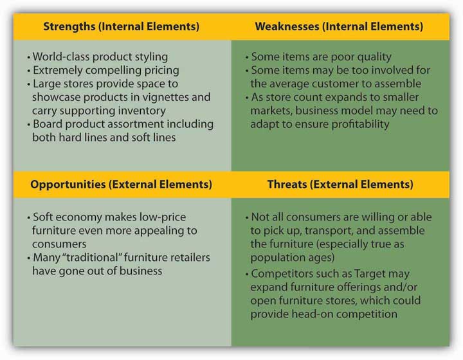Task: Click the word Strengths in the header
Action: [x=69, y=26]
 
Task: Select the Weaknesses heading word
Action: [x=287, y=26]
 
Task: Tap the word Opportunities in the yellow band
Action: [x=68, y=184]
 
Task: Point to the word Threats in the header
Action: [x=287, y=184]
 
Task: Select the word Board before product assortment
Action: [x=48, y=124]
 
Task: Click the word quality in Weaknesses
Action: [x=374, y=57]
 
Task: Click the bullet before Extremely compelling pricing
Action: [x=29, y=71]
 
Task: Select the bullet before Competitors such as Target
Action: [x=247, y=274]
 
